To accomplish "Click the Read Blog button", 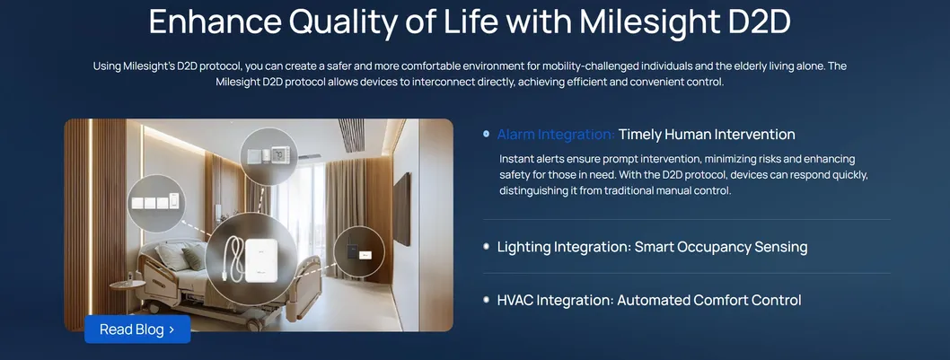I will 137,329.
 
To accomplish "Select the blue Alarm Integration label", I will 555,135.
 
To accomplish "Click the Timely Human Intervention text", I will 707,135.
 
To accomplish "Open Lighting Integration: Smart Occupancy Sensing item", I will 652,247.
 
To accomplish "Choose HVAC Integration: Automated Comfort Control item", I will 648,301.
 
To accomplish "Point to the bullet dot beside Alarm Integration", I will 486,134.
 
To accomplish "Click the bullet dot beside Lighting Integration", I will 486,246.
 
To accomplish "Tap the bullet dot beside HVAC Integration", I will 486,300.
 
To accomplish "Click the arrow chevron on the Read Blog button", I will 171,329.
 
